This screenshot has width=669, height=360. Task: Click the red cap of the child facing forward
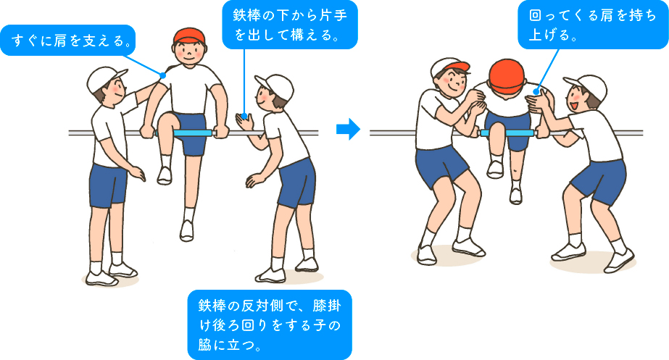coord(190,35)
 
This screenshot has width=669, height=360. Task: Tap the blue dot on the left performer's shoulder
coord(165,75)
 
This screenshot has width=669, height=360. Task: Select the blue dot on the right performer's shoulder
coord(536,92)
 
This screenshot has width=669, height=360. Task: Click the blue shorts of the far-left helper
coord(109,184)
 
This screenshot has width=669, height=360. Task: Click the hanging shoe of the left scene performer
coord(187,230)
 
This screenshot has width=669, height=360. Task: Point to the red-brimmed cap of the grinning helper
coord(449,69)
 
